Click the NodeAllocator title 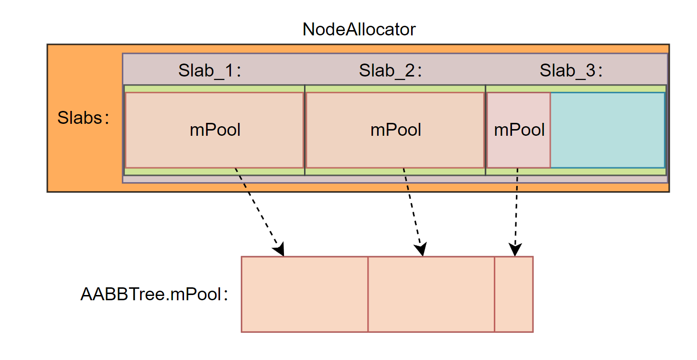[x=359, y=30]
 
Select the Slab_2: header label [x=392, y=71]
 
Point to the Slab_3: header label [x=572, y=71]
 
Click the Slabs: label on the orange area [x=84, y=118]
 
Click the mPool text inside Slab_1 [x=215, y=130]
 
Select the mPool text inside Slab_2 [x=396, y=130]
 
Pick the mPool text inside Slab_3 [x=519, y=130]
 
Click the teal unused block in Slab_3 [x=607, y=130]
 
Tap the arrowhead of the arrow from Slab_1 [x=280, y=250]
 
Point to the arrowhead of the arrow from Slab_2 [x=421, y=250]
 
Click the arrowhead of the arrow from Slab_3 [x=515, y=250]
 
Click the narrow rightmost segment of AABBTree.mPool [x=513, y=294]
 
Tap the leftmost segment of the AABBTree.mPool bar [x=305, y=294]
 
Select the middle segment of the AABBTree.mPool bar [x=431, y=294]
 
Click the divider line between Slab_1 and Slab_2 [x=305, y=130]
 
